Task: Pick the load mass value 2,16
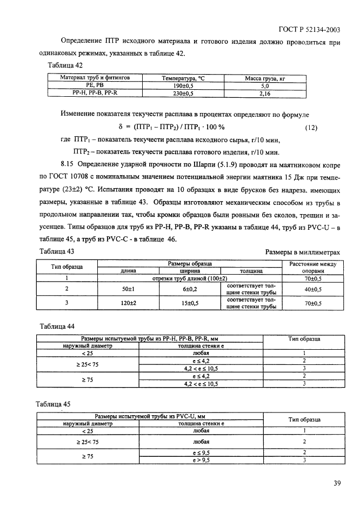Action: tap(265, 93)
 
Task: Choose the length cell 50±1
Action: tap(128, 289)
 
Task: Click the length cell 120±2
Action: tap(128, 303)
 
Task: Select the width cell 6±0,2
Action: tap(190, 289)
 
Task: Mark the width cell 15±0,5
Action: tap(190, 303)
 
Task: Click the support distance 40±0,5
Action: tap(313, 289)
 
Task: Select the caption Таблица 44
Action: tap(57, 326)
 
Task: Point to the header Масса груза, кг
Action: tap(265, 78)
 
